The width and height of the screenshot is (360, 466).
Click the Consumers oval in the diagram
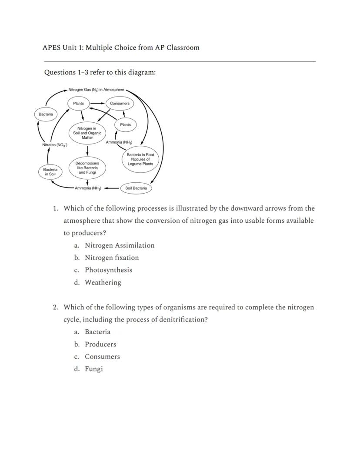pyautogui.click(x=120, y=104)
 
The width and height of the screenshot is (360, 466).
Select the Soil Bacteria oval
pyautogui.click(x=136, y=188)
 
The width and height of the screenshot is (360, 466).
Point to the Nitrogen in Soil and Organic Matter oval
pyautogui.click(x=87, y=133)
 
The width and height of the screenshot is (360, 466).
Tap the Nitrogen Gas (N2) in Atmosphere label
pyautogui.click(x=96, y=90)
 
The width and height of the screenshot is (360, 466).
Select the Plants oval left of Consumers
pyautogui.click(x=78, y=104)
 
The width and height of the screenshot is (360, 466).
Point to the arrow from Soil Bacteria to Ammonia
pyautogui.click(x=111, y=188)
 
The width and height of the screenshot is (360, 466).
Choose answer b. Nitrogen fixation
pyautogui.click(x=112, y=258)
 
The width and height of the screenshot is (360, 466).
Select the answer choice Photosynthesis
pyautogui.click(x=108, y=270)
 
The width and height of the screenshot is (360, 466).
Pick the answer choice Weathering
pyautogui.click(x=103, y=282)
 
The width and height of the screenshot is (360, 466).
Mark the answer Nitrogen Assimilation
pyautogui.click(x=120, y=245)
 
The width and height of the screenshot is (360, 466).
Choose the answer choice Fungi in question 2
pyautogui.click(x=93, y=369)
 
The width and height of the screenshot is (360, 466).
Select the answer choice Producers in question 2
pyautogui.click(x=100, y=344)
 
